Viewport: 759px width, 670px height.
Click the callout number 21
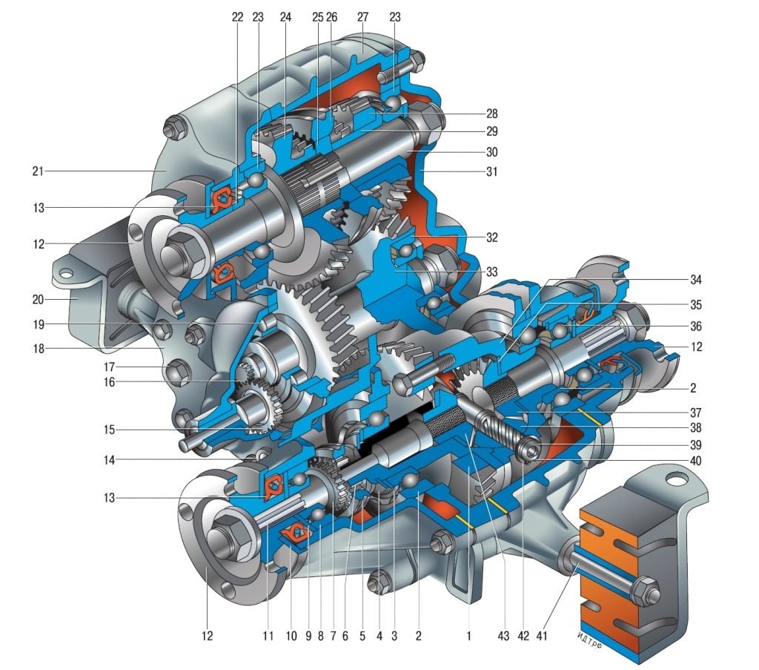38,171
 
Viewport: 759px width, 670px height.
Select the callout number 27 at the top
362,17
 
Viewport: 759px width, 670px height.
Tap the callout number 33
492,272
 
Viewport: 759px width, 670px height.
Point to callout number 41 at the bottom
542,636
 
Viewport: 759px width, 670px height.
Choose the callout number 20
38,300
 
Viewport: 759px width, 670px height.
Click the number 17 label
110,367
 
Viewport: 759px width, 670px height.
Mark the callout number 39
695,444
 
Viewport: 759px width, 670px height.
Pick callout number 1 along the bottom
468,636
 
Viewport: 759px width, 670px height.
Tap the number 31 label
492,171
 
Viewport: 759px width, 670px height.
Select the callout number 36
695,326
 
